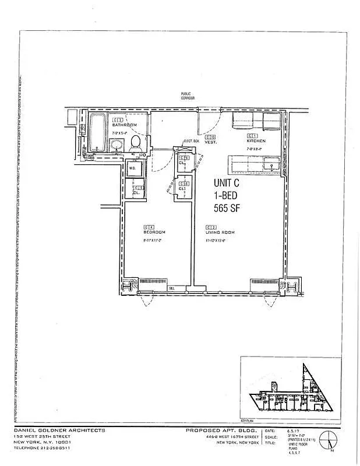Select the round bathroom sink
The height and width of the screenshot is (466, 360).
coord(117,145)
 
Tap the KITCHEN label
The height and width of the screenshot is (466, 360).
coord(256,141)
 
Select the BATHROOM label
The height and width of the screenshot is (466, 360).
coord(124,125)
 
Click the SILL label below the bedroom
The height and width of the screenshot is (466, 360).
coord(172,288)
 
